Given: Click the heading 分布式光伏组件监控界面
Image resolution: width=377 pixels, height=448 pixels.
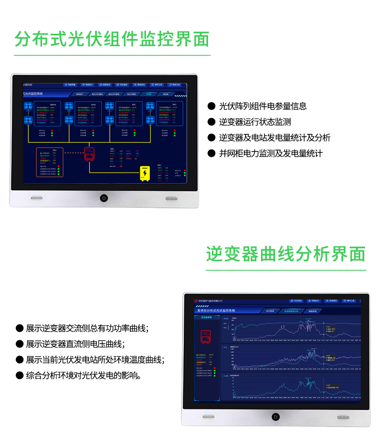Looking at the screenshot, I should point(112,39).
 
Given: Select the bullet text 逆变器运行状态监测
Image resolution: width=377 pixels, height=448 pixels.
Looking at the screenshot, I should point(255,122).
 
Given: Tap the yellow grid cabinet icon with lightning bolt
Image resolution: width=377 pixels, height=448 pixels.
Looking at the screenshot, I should point(145,173).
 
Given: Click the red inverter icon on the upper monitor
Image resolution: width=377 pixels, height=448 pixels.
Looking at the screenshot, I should point(90,153).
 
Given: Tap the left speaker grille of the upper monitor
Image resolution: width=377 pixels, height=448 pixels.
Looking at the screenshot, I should point(37,198).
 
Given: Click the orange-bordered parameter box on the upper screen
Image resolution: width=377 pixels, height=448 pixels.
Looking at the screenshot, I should point(50,163).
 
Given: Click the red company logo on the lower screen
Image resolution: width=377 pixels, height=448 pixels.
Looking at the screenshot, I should point(195,301).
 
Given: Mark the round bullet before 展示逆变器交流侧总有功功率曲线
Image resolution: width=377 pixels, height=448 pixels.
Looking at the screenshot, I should point(20,328).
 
